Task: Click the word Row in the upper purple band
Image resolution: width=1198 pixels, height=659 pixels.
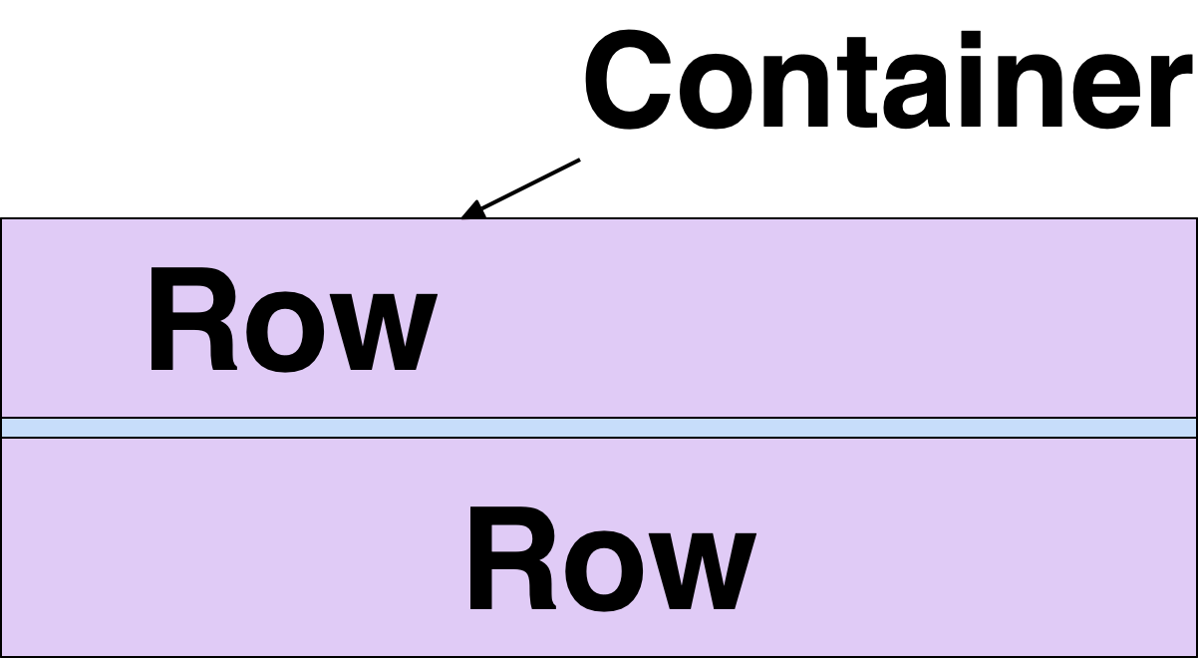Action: (x=291, y=321)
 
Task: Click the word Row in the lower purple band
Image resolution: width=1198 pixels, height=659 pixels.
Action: (x=610, y=560)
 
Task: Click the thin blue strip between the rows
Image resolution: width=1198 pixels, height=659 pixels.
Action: (x=598, y=428)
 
